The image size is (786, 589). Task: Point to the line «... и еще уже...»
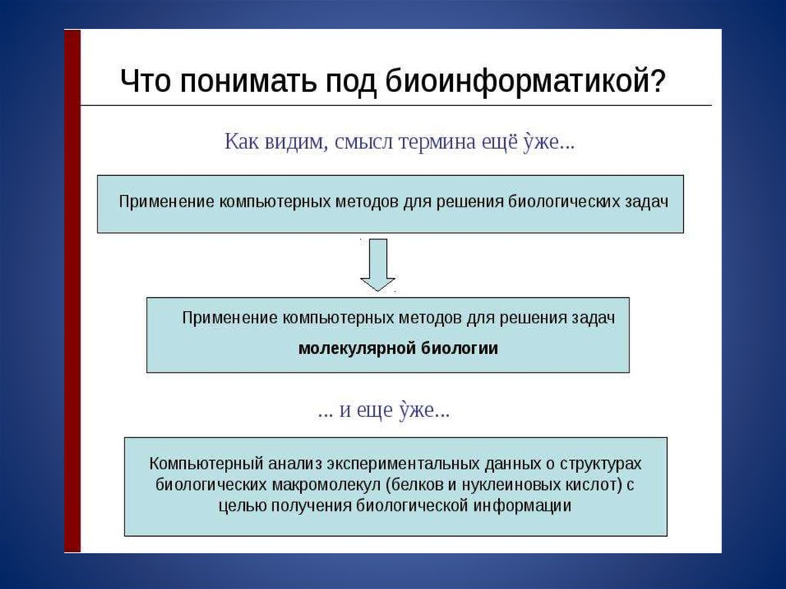384,411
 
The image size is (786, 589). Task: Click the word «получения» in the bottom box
315,505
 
